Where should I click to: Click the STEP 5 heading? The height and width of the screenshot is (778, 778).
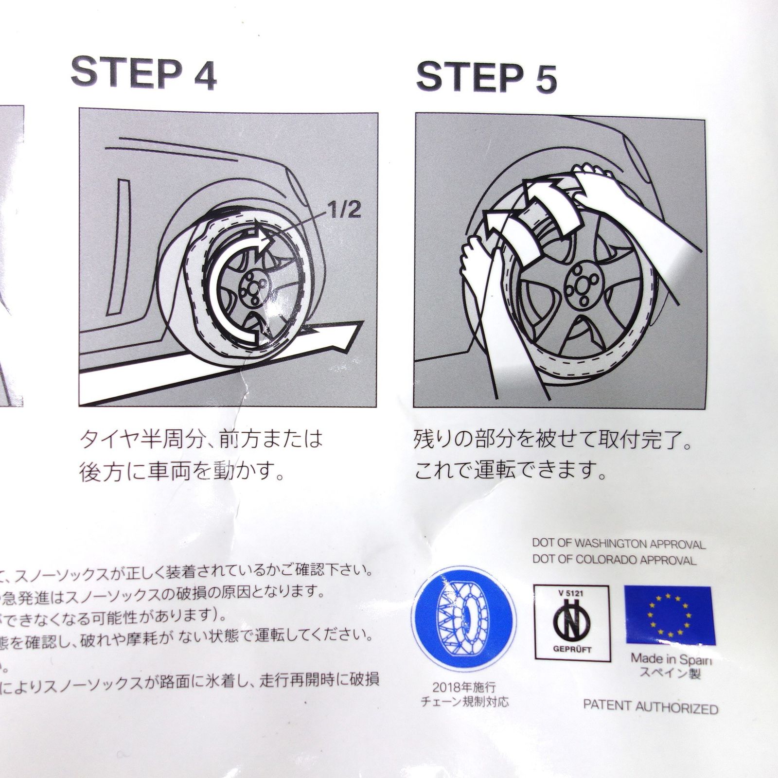pos(486,78)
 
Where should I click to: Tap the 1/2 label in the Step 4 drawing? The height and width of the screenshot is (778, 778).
pos(344,211)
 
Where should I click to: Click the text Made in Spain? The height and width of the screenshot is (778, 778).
pos(671,659)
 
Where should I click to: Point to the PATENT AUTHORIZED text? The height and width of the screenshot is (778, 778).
pos(650,707)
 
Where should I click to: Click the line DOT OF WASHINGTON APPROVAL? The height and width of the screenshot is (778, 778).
pos(619,544)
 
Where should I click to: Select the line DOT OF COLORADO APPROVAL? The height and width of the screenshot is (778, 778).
pos(614,560)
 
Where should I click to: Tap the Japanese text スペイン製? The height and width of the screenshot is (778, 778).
pos(670,673)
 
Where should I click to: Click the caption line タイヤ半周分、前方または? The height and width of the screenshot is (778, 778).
pos(201,440)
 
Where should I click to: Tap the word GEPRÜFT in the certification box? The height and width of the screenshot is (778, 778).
pos(572,649)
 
